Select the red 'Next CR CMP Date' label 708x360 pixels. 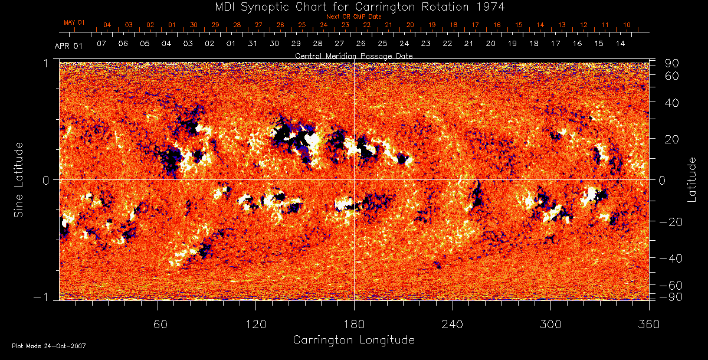(x=354, y=17)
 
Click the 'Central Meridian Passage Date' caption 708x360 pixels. (x=354, y=55)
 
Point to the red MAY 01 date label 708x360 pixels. (x=74, y=22)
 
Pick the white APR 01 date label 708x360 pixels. (x=68, y=46)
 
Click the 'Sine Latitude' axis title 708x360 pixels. (x=19, y=179)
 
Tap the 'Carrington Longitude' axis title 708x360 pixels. (x=353, y=340)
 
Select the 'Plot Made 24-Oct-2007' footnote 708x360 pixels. (x=49, y=346)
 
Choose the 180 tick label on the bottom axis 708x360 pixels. (x=354, y=324)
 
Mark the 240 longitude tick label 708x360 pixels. (x=453, y=324)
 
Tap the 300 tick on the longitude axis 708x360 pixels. (x=550, y=324)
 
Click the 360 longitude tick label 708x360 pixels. (x=649, y=324)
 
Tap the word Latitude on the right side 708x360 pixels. (x=692, y=179)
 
